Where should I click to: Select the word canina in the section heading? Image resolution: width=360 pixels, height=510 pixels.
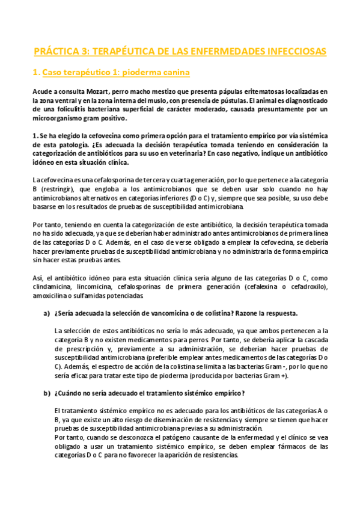click(x=172, y=73)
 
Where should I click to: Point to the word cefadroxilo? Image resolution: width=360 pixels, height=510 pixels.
click(x=307, y=287)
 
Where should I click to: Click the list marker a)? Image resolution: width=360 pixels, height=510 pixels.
click(x=46, y=313)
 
